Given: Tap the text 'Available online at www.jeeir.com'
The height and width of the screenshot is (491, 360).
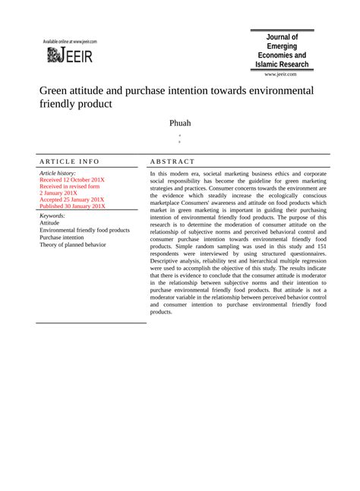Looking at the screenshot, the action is [70, 41].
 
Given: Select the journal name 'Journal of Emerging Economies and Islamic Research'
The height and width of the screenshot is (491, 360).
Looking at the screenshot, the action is [283, 51].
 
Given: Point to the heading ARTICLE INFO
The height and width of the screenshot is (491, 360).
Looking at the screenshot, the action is [69, 162].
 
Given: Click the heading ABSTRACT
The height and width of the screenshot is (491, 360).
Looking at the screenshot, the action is [172, 162].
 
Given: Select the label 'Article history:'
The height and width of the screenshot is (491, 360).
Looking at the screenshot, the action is [58, 174].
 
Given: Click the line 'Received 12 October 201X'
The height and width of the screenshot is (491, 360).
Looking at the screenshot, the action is [72, 180].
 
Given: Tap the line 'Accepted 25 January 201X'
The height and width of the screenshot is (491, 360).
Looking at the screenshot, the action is [73, 199].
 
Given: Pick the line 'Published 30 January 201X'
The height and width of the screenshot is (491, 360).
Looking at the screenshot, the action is [73, 206].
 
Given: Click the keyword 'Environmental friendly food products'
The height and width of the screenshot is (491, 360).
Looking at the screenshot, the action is [84, 230].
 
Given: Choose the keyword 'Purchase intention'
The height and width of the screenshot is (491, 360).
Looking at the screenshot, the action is [62, 238].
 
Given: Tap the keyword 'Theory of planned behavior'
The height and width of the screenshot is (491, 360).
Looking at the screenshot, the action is [73, 244].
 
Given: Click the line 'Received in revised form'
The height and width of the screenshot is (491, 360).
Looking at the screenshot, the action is [69, 187].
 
